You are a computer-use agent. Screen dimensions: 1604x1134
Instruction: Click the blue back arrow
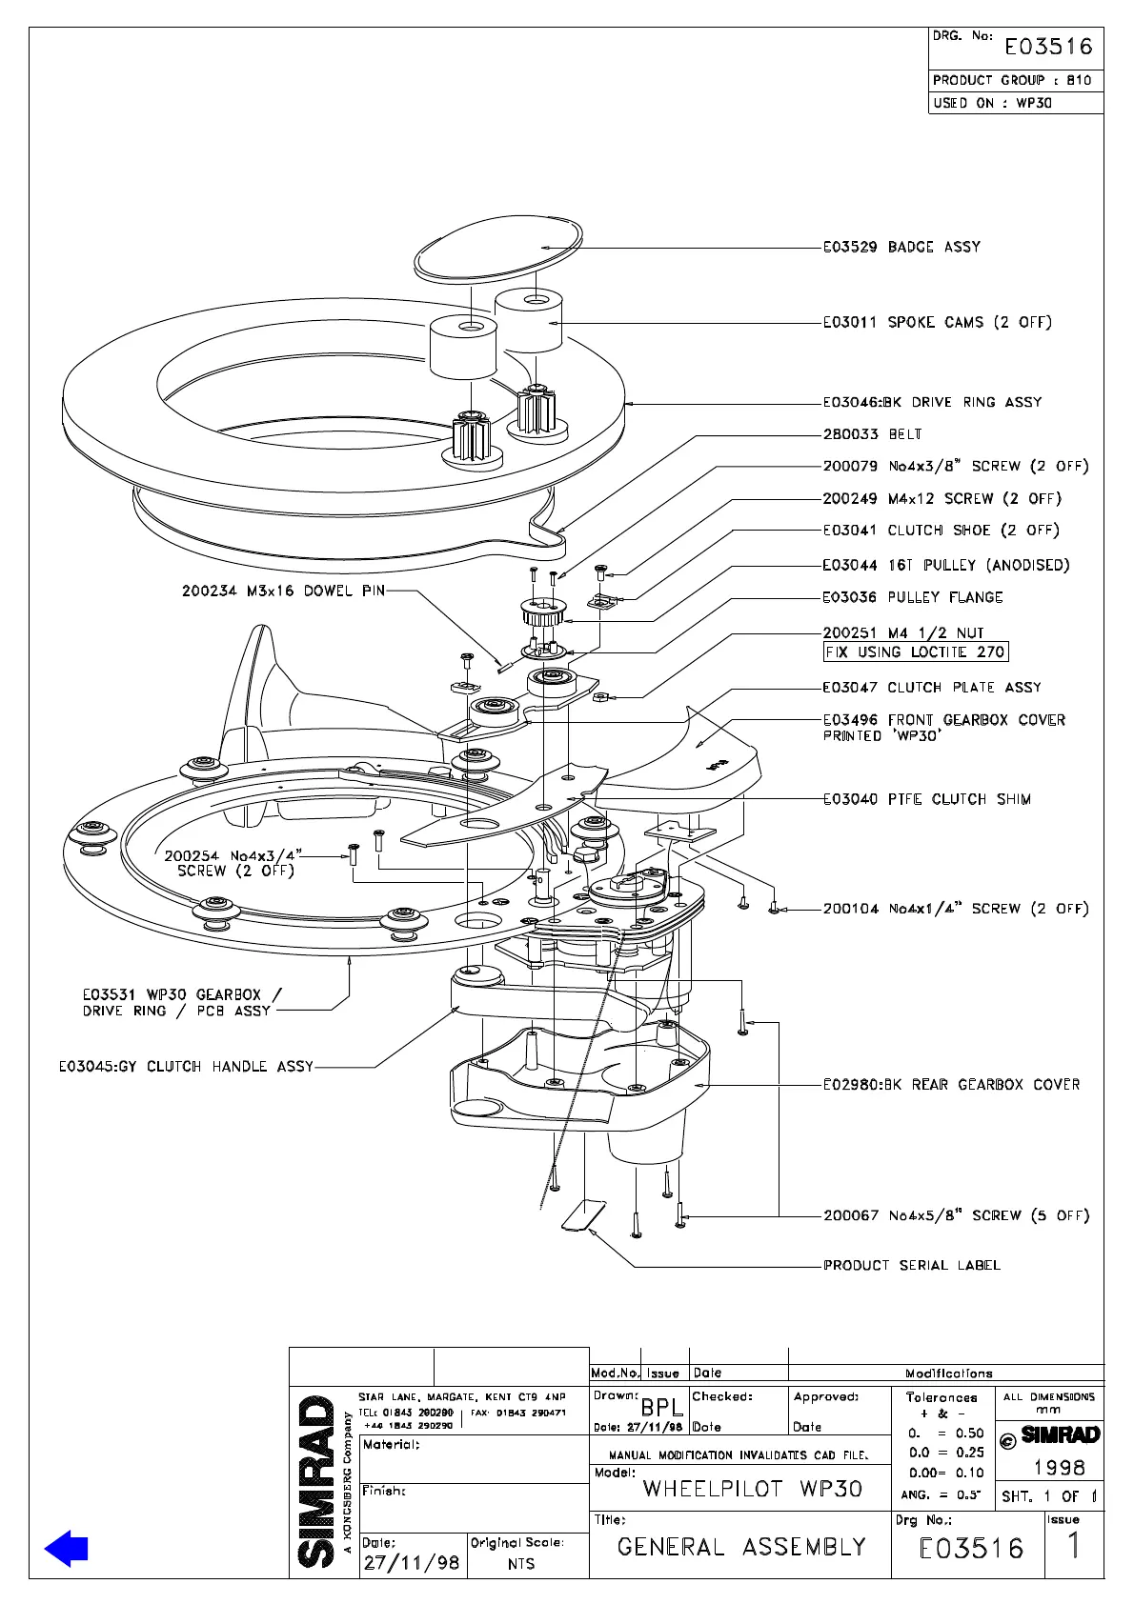(x=66, y=1548)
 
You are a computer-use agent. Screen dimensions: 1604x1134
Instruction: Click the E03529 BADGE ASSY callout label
(x=901, y=248)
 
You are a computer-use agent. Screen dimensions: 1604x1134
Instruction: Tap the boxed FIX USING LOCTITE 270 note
(x=915, y=652)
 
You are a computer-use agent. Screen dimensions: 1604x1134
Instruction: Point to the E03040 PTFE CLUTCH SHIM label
(x=926, y=800)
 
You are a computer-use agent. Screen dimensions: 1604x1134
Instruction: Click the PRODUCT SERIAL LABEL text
(x=912, y=1266)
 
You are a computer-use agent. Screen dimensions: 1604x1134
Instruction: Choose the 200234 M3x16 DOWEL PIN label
(x=283, y=591)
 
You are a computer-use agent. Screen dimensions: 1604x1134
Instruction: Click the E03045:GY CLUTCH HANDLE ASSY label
(x=186, y=1067)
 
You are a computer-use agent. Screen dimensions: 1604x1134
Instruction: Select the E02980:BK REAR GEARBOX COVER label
(x=951, y=1085)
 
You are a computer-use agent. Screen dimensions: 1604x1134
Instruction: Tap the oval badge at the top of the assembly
(x=498, y=249)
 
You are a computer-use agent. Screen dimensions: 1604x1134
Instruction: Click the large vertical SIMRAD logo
(x=316, y=1481)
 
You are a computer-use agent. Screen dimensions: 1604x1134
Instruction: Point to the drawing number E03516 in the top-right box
(x=1048, y=48)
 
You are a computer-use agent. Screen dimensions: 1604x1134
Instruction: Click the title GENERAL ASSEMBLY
(x=741, y=1547)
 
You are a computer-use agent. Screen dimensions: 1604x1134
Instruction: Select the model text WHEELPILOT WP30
(x=752, y=1489)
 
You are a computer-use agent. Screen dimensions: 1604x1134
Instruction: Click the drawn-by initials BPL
(x=661, y=1407)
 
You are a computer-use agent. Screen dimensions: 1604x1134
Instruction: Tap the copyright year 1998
(x=1059, y=1468)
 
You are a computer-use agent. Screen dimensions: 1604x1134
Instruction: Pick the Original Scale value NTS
(x=521, y=1564)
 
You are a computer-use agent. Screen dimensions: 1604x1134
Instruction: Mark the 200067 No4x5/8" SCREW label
(x=956, y=1216)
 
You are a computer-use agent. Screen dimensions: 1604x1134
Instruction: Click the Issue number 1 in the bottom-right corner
(x=1074, y=1546)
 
